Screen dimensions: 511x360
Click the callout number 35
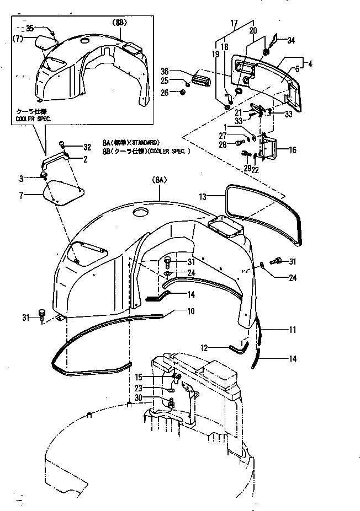pyautogui.click(x=30, y=28)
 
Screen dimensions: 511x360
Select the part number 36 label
pyautogui.click(x=165, y=72)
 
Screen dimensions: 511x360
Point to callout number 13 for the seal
pyautogui.click(x=203, y=196)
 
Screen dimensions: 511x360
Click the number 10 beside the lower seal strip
pyautogui.click(x=190, y=312)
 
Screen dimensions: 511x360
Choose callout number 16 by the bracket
pyautogui.click(x=292, y=149)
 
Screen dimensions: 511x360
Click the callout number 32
pyautogui.click(x=86, y=147)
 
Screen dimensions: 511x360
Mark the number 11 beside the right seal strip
pyautogui.click(x=292, y=330)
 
